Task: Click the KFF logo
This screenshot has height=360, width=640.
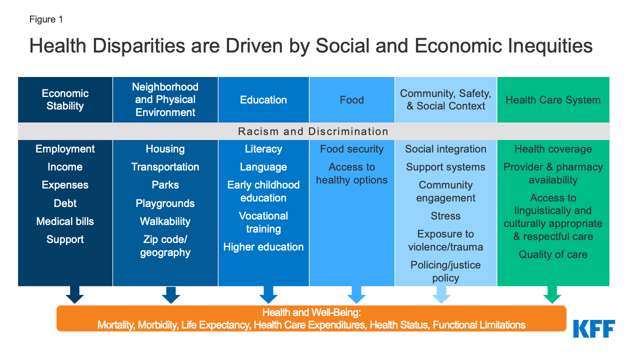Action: [x=594, y=328]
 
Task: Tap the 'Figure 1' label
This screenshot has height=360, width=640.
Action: [x=46, y=19]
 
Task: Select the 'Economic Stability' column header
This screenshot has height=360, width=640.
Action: [x=65, y=99]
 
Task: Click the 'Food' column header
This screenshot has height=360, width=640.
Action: [x=351, y=100]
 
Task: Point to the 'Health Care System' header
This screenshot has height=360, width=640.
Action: [x=553, y=100]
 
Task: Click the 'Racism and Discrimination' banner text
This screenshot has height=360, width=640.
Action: [x=313, y=131]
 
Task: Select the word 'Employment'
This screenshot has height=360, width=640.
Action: [x=65, y=149]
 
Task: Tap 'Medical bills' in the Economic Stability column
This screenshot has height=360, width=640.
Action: [x=65, y=221]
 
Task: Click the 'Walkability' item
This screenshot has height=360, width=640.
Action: [x=165, y=221]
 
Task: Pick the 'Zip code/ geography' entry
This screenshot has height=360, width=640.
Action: [x=165, y=246]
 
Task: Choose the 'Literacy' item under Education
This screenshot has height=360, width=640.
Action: [x=263, y=149]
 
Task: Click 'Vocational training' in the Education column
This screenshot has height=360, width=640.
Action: [x=263, y=222]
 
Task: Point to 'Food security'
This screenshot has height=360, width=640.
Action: [x=351, y=149]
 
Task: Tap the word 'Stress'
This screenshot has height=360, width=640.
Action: [x=445, y=216]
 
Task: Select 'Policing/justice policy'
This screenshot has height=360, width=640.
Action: [x=445, y=271]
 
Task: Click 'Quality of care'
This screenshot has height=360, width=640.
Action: [x=553, y=254]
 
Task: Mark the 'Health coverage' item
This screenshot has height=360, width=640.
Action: [x=553, y=149]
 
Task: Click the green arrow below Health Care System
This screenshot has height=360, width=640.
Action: [x=552, y=294]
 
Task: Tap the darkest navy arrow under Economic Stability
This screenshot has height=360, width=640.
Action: [x=74, y=294]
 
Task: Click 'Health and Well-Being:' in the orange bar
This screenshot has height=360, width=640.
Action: [x=311, y=312]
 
